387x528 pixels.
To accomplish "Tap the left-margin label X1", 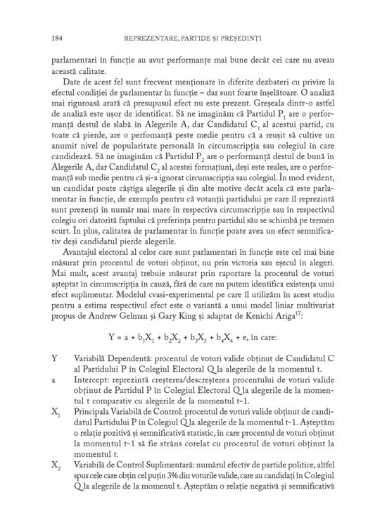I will pos(56,409).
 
